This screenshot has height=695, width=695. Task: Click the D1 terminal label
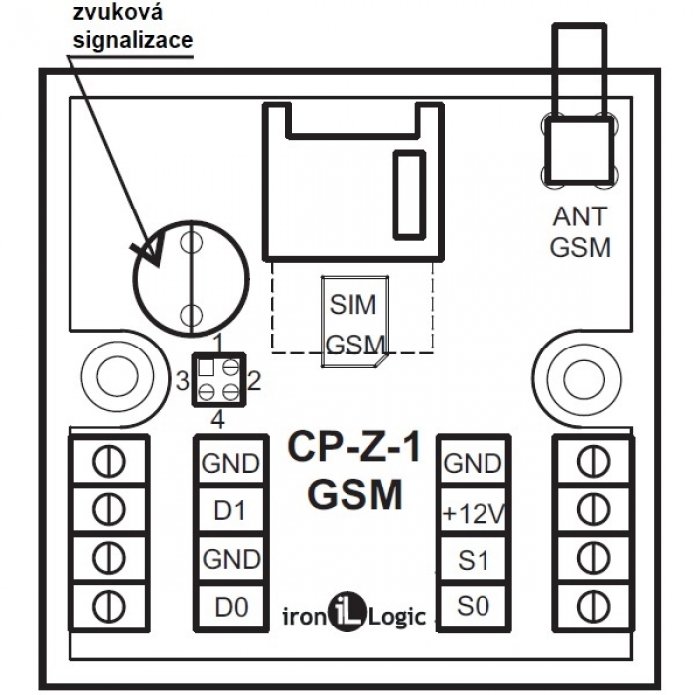[x=230, y=510]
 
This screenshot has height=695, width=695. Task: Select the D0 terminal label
[x=230, y=605]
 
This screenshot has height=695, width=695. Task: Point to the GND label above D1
[x=230, y=463]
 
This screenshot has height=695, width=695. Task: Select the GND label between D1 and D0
[x=230, y=558]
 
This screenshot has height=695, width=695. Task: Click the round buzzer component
[x=186, y=278]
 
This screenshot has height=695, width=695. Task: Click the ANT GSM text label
[x=581, y=230]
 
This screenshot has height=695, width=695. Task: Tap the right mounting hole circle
[x=578, y=376]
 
